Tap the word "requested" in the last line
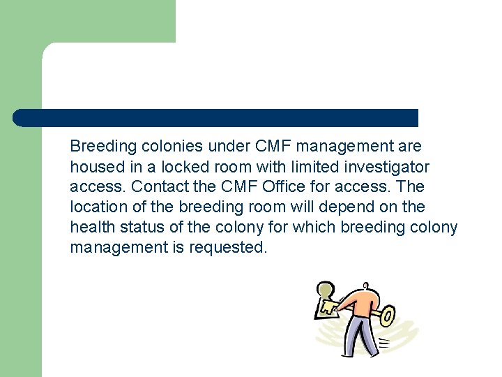point(227,248)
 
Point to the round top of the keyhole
point(325,290)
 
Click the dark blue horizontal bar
point(216,118)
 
